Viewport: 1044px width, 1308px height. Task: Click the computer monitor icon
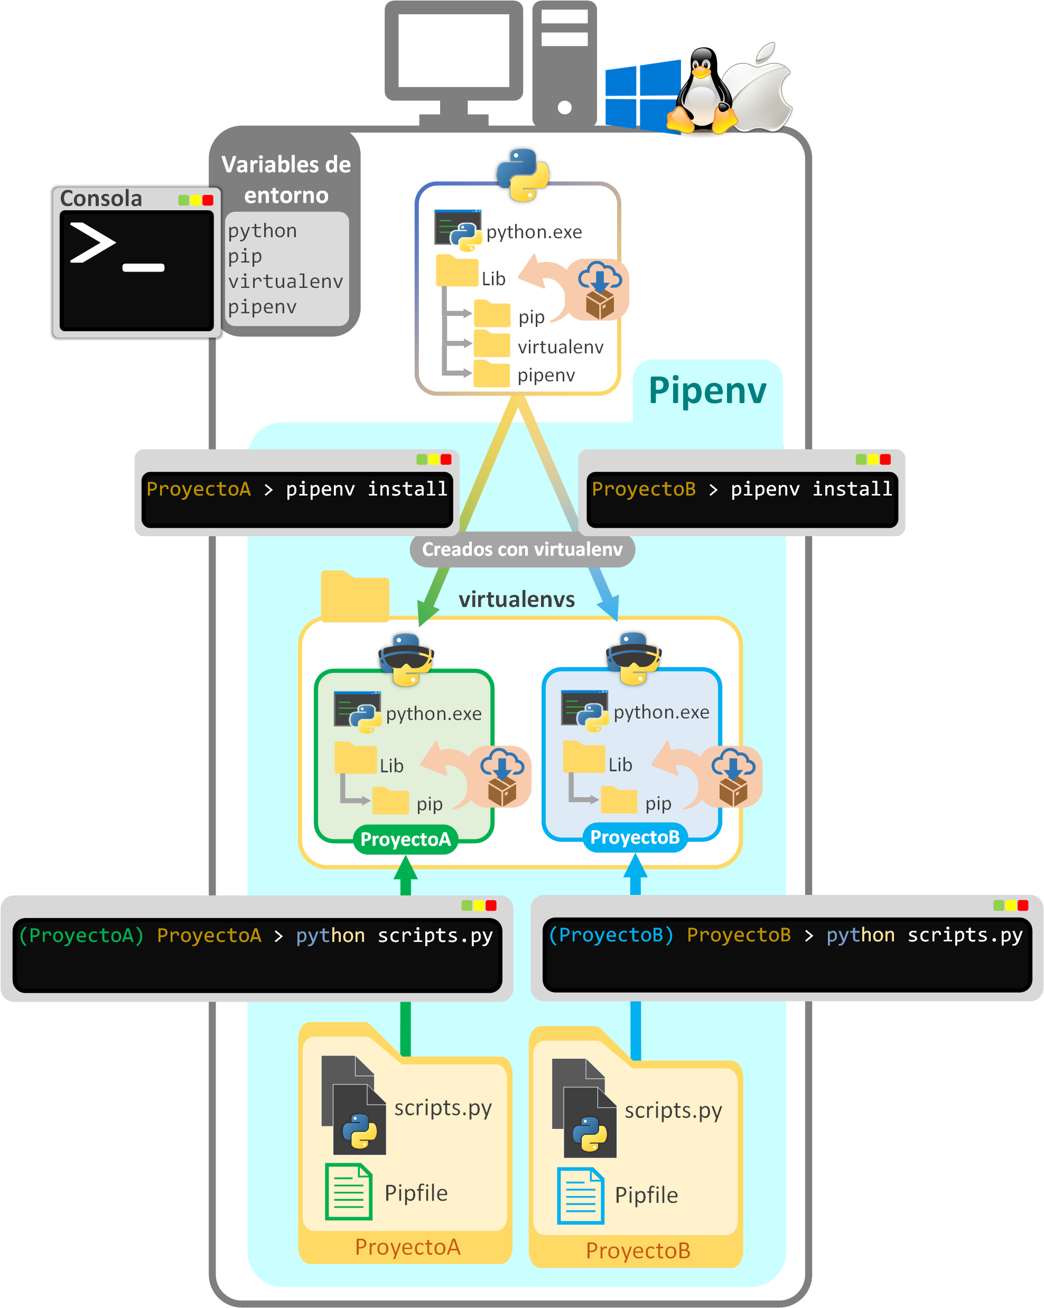[454, 58]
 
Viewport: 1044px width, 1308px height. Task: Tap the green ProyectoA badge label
[405, 839]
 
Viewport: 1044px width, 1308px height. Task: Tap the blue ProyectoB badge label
[635, 838]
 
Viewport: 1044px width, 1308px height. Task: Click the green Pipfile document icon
[348, 1192]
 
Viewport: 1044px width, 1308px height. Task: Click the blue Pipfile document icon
[581, 1195]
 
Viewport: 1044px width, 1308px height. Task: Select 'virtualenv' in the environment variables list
[285, 282]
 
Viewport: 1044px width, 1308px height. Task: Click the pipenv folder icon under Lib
[491, 373]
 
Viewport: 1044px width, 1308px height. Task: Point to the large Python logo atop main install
[523, 175]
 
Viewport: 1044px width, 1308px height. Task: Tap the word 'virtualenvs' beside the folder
[516, 600]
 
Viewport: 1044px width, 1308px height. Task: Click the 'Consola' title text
[101, 199]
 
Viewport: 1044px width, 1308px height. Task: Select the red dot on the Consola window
[208, 200]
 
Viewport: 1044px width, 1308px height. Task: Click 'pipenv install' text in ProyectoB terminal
[811, 489]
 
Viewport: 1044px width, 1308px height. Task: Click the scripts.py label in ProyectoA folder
[443, 1108]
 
